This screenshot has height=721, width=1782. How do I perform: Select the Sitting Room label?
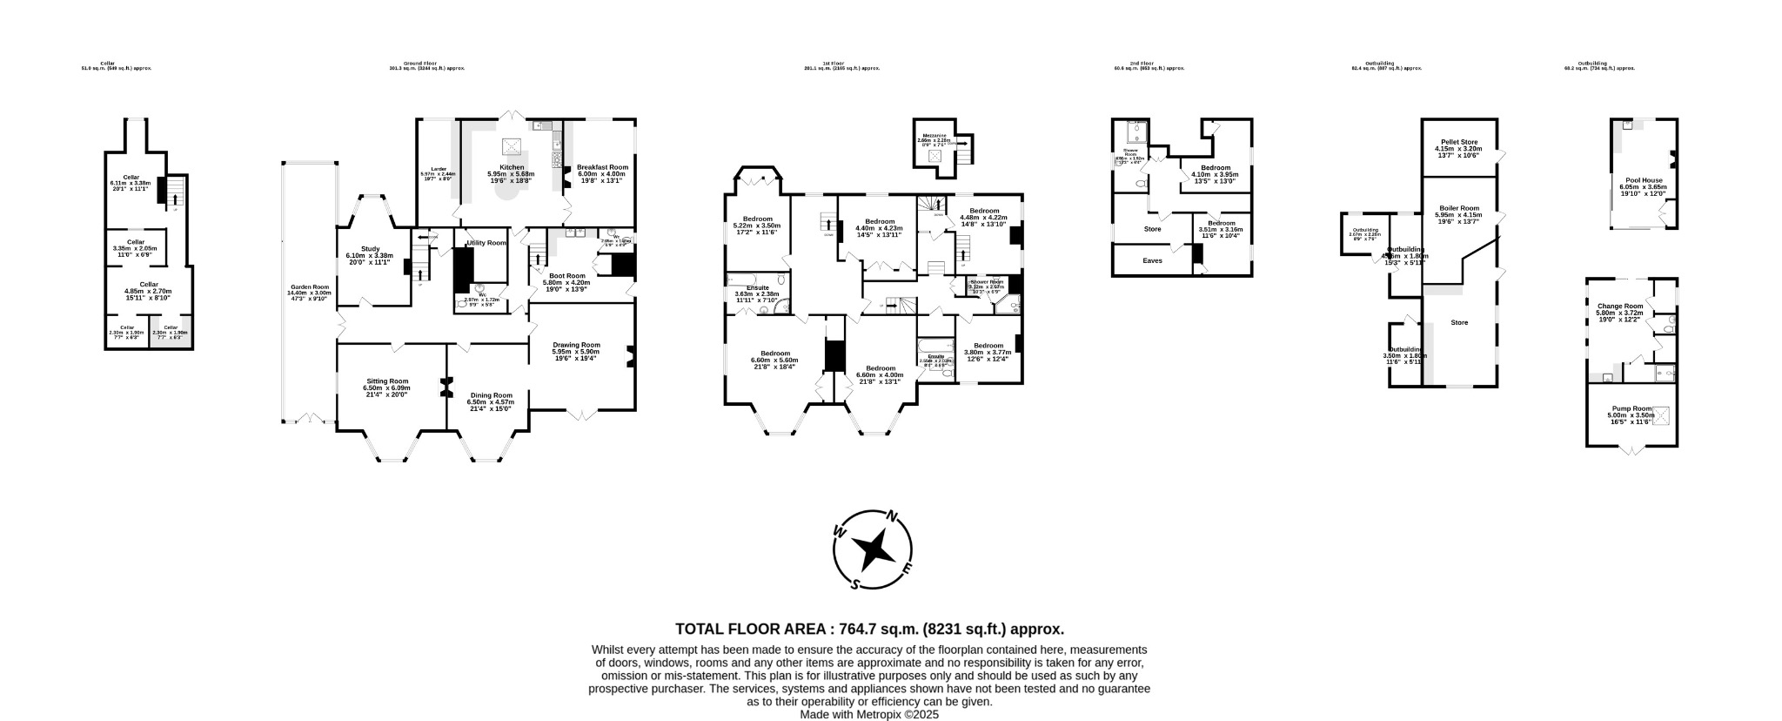tap(385, 381)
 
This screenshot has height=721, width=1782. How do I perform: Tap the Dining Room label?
tap(490, 394)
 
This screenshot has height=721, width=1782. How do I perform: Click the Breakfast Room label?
tap(602, 167)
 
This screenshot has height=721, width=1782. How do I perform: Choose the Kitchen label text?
tap(512, 167)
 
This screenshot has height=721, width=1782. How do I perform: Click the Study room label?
tap(370, 249)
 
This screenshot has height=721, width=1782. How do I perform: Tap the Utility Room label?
tap(486, 243)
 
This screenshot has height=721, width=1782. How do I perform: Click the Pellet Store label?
tap(1459, 142)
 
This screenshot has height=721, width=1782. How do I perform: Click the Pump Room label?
tap(1631, 408)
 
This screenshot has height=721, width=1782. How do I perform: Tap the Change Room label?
tap(1619, 306)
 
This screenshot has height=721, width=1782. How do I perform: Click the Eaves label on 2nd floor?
tap(1153, 260)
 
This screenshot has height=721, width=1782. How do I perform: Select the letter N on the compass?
tap(891, 516)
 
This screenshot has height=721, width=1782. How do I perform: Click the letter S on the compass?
tap(855, 584)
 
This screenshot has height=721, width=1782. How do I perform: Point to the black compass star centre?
tap(873, 550)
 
